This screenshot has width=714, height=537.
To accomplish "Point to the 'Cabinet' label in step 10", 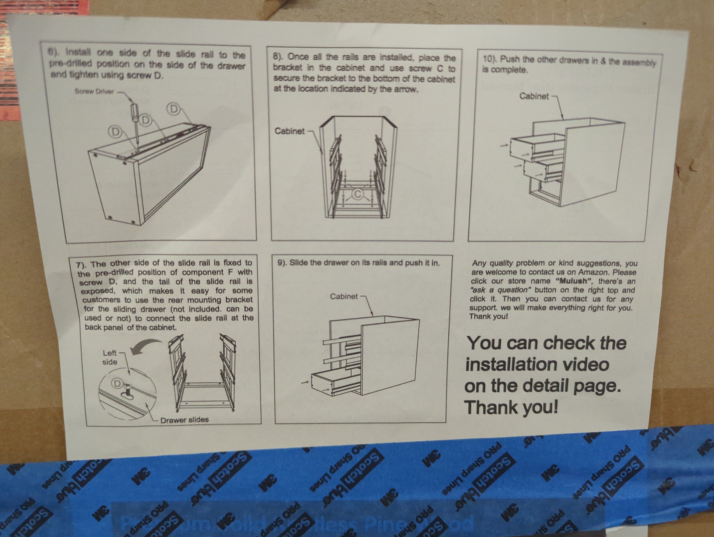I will [x=534, y=96].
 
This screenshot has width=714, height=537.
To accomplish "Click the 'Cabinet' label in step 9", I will [x=344, y=296].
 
